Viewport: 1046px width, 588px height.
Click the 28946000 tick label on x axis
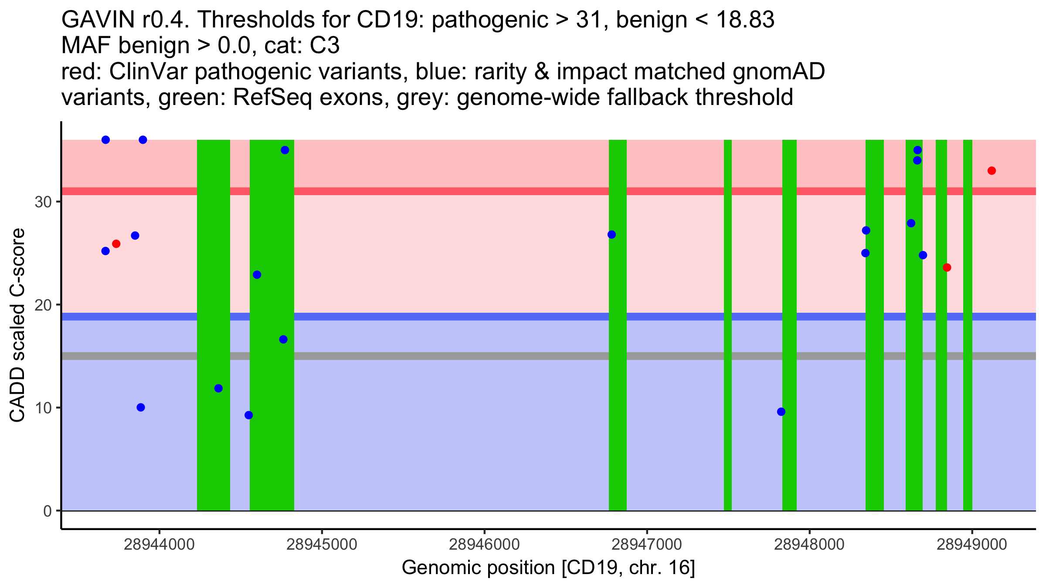pyautogui.click(x=484, y=544)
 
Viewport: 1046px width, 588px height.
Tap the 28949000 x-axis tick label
pyautogui.click(x=972, y=544)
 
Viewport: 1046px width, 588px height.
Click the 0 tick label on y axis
pyautogui.click(x=48, y=511)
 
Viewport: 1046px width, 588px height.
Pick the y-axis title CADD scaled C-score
pyautogui.click(x=17, y=325)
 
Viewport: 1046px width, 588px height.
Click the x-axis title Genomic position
pyautogui.click(x=548, y=568)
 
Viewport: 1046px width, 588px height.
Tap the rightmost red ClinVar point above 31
pyautogui.click(x=992, y=171)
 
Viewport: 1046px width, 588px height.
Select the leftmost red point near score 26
pyautogui.click(x=116, y=244)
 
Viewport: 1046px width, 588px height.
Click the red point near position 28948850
pyautogui.click(x=947, y=267)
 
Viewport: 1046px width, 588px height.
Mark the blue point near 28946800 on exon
pyautogui.click(x=612, y=235)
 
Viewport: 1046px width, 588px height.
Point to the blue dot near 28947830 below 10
pyautogui.click(x=781, y=412)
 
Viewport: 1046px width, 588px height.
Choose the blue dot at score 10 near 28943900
pyautogui.click(x=141, y=408)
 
